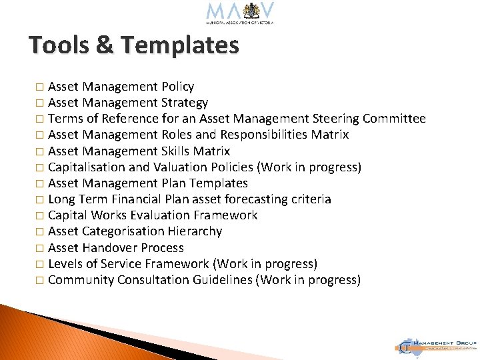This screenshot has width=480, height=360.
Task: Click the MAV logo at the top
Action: tap(240, 13)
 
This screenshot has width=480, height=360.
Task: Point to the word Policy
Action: tap(177, 87)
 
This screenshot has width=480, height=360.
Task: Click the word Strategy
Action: tap(185, 103)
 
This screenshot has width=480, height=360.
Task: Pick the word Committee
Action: tap(394, 119)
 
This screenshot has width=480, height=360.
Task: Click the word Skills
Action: tap(177, 151)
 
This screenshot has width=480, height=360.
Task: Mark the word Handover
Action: tap(111, 247)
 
